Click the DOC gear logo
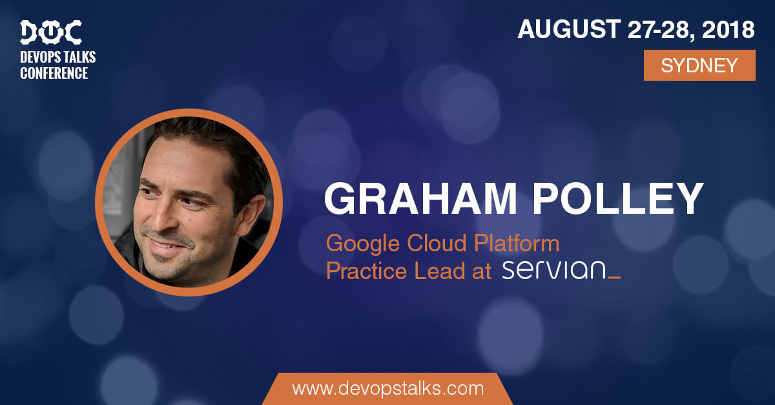click(x=51, y=32)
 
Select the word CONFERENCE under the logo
click(x=54, y=73)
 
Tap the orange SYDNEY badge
click(x=699, y=65)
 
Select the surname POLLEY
click(x=618, y=199)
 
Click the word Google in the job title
click(x=363, y=244)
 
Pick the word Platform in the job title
click(x=517, y=243)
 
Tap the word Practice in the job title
click(x=366, y=271)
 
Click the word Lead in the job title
click(x=439, y=271)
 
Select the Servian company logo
click(x=561, y=270)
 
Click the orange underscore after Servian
click(x=614, y=277)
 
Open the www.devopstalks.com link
click(x=388, y=388)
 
